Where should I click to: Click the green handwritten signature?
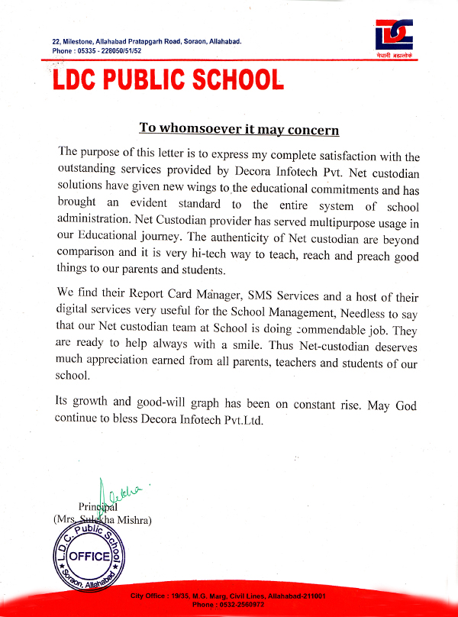point(114,496)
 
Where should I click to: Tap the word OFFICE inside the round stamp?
point(89,557)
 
